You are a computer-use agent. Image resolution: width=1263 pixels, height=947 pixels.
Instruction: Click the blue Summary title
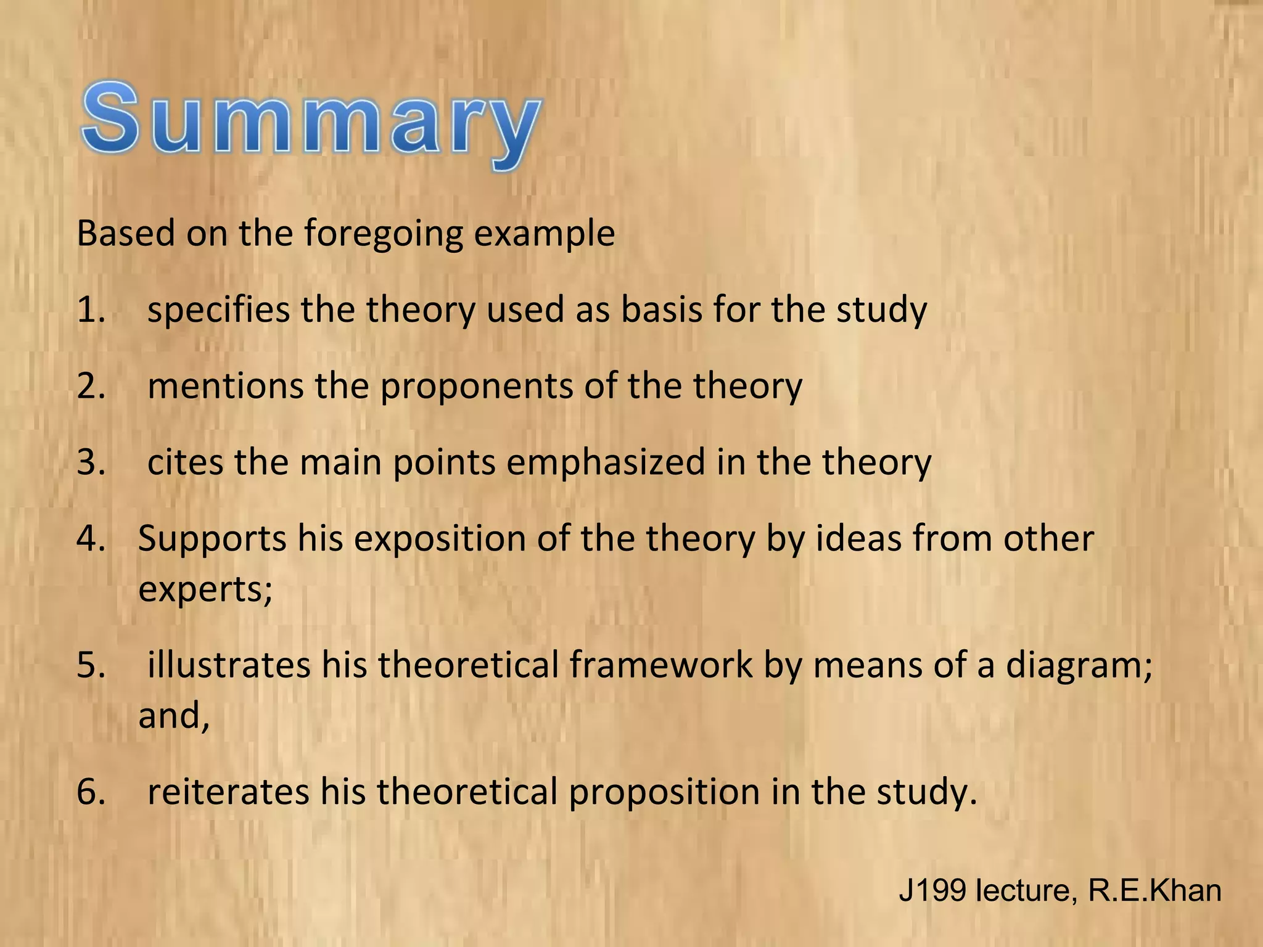point(311,123)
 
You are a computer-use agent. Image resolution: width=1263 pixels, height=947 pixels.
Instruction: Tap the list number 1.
point(91,310)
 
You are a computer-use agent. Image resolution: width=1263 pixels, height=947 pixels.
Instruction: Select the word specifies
point(218,310)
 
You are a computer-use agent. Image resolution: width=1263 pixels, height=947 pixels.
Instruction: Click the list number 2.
point(91,386)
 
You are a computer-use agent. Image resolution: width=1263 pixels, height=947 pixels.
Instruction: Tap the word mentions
point(226,386)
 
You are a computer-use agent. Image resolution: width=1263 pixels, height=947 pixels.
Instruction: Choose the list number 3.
point(91,462)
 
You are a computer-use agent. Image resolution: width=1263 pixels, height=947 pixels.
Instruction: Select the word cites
point(186,462)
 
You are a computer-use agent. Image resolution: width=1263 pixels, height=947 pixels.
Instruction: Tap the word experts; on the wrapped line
point(205,590)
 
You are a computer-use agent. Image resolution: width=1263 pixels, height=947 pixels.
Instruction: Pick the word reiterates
point(228,792)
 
